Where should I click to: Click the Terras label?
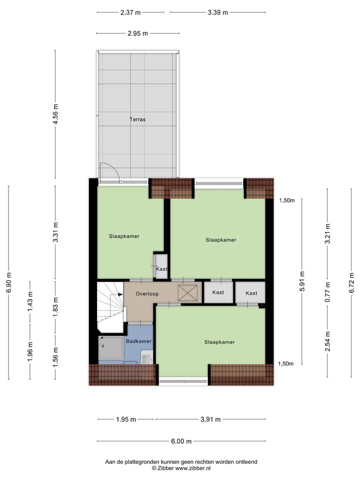click(137, 119)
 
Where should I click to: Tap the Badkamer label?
click(138, 341)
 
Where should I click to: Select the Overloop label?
click(147, 293)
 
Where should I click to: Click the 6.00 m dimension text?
click(181, 441)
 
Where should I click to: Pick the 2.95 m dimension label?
click(137, 33)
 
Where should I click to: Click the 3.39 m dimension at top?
click(217, 12)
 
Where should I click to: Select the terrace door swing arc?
click(109, 172)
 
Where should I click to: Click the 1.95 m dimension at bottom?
click(126, 419)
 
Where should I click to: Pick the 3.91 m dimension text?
click(210, 419)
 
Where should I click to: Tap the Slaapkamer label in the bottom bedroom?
click(219, 342)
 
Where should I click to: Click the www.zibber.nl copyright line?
click(181, 468)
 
